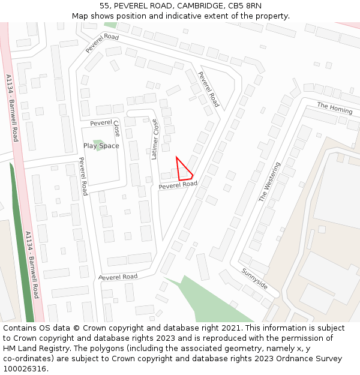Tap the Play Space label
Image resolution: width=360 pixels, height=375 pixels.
coord(101,146)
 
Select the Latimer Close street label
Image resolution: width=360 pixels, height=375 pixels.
coord(155,139)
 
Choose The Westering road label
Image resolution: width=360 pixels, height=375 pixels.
coord(269,181)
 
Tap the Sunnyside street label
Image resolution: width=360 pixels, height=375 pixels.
coord(255,278)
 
